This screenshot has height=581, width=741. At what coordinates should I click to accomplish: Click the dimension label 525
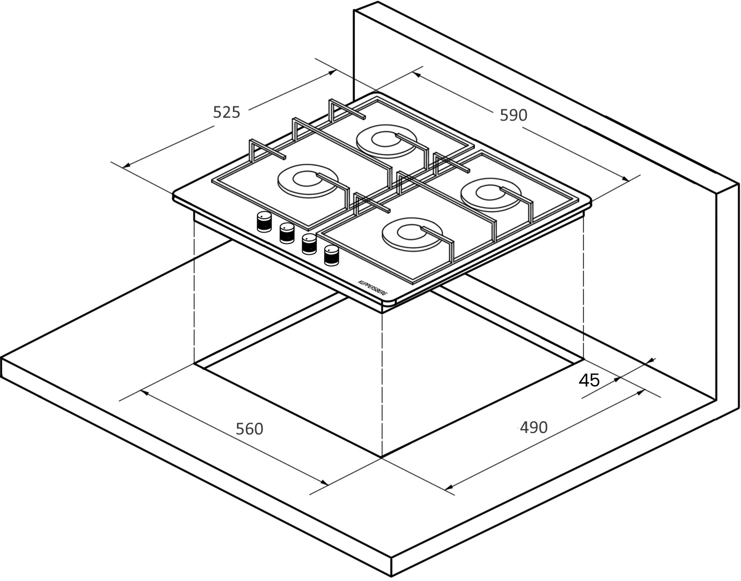227,112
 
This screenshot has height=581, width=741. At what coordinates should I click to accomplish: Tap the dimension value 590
513,115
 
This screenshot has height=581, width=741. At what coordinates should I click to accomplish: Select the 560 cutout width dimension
249,429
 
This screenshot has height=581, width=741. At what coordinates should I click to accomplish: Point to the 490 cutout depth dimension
533,427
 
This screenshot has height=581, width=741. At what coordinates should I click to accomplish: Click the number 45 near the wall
589,380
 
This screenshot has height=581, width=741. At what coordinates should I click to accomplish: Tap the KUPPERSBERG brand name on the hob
373,288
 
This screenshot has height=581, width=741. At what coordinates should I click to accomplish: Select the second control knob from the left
287,233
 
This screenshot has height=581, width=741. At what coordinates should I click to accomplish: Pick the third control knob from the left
309,244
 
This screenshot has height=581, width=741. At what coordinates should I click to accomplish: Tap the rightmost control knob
331,255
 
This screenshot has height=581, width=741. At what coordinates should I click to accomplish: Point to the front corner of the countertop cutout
382,457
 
